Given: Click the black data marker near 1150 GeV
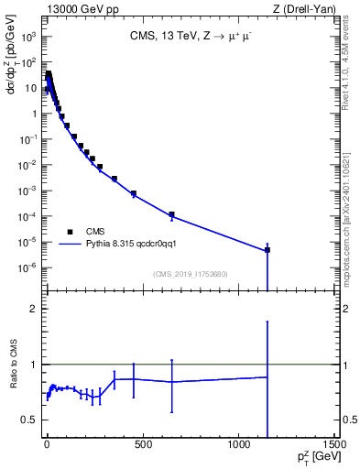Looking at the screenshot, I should point(267,249).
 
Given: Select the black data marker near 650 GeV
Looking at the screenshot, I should point(171,214).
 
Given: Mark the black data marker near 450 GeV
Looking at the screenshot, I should point(134,193).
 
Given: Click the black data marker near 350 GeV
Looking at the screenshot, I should point(115,179).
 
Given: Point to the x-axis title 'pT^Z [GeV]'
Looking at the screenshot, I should point(311,457).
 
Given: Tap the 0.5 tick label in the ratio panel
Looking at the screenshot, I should point(27,420).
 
